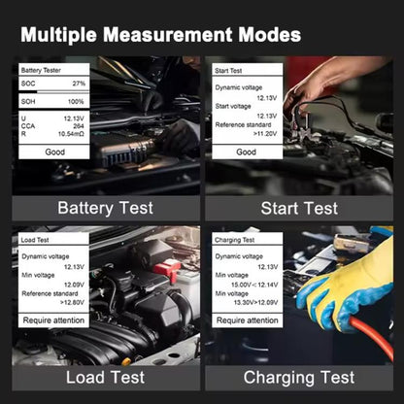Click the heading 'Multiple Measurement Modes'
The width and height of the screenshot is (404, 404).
coord(161,35)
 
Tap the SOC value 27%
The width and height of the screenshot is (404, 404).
coord(79,84)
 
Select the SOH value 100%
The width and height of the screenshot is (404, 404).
coord(76,102)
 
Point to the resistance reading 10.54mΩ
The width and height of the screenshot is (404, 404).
coord(71,134)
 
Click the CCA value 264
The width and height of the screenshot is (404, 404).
coord(79,126)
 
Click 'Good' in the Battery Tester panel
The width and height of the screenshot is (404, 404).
coord(54,151)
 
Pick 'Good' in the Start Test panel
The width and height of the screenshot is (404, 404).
coord(246,151)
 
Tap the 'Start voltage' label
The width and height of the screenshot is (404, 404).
coord(233,106)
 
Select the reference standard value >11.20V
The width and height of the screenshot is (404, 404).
coord(265,134)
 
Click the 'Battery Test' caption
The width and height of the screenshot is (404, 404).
coord(106,208)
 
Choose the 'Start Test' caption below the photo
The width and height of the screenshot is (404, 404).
coord(299,208)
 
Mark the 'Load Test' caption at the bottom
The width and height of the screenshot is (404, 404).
coord(106,378)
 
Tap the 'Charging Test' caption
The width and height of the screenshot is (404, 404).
coord(299,378)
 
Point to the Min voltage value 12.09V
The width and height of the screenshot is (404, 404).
coord(74,285)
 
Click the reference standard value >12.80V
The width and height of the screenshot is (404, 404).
coord(72,302)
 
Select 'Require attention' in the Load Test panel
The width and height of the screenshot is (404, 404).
coord(53,320)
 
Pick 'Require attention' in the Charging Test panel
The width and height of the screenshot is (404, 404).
coord(248,320)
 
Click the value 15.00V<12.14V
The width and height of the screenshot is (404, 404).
coord(254,285)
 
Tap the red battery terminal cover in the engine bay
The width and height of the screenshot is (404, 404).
coord(167,268)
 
